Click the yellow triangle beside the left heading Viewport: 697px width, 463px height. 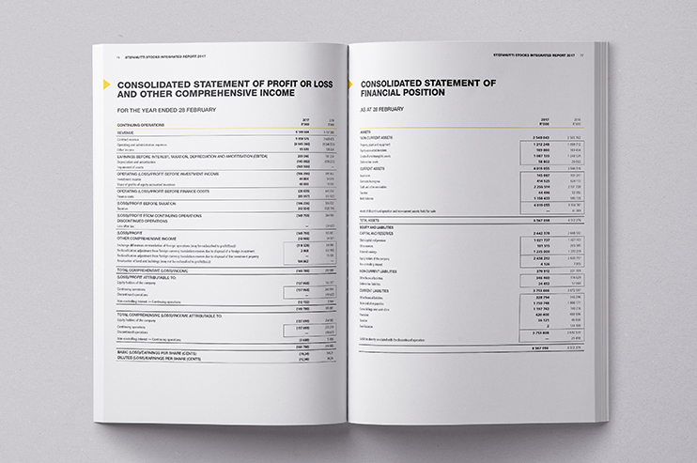(x=105, y=86)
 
